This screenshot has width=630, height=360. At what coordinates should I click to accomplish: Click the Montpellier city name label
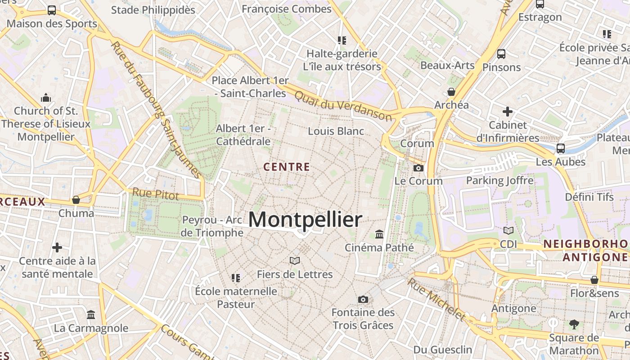pyautogui.click(x=305, y=220)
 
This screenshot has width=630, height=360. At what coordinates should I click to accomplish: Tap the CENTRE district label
pyautogui.click(x=287, y=167)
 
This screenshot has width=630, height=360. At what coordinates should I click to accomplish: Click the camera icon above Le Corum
pyautogui.click(x=418, y=168)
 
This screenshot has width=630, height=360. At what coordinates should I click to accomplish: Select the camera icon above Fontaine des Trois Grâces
pyautogui.click(x=363, y=299)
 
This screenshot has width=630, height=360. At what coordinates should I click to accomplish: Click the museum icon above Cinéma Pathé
pyautogui.click(x=379, y=234)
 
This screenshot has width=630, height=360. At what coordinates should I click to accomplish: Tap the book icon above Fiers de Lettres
pyautogui.click(x=295, y=261)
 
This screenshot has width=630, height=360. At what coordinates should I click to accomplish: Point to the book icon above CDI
pyautogui.click(x=508, y=231)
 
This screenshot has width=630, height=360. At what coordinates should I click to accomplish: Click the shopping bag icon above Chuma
pyautogui.click(x=76, y=199)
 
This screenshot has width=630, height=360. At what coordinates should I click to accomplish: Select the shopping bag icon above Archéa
pyautogui.click(x=451, y=92)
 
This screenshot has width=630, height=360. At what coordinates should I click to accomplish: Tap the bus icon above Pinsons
pyautogui.click(x=501, y=54)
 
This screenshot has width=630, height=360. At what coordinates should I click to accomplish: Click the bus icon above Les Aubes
pyautogui.click(x=561, y=148)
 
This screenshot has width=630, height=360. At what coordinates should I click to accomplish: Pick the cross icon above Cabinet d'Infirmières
pyautogui.click(x=508, y=111)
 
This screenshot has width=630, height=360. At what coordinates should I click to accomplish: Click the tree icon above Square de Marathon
pyautogui.click(x=574, y=324)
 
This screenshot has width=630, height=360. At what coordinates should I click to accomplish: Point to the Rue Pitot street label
pyautogui.click(x=155, y=194)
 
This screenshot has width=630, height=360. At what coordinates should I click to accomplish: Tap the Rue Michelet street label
pyautogui.click(x=436, y=300)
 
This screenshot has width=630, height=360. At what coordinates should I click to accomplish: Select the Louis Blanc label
pyautogui.click(x=336, y=131)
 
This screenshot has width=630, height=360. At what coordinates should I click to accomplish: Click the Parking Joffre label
pyautogui.click(x=499, y=180)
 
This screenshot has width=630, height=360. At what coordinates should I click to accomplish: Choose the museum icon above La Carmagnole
pyautogui.click(x=91, y=315)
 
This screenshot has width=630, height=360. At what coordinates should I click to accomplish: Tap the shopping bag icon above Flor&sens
pyautogui.click(x=594, y=280)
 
